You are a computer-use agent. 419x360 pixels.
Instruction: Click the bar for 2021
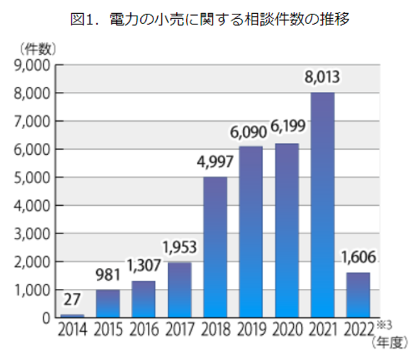(x=321, y=205)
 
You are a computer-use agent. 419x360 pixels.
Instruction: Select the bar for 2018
(x=215, y=247)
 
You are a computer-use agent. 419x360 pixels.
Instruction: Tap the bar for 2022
(x=357, y=295)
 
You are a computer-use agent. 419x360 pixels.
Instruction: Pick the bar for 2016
(x=143, y=299)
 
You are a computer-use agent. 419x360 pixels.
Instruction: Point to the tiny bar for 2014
(x=72, y=315)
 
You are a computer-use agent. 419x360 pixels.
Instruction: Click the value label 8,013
(x=321, y=78)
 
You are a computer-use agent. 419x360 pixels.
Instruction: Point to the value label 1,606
(x=357, y=258)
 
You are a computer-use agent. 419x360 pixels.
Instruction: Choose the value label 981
(x=108, y=276)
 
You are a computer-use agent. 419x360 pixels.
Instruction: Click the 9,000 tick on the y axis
(x=30, y=65)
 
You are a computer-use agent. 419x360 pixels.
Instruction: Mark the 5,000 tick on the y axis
(x=30, y=177)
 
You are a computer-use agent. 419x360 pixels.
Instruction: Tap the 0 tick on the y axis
(x=46, y=318)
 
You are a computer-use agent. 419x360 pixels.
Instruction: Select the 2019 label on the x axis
(x=250, y=329)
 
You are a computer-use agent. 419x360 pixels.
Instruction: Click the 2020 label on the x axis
(x=286, y=329)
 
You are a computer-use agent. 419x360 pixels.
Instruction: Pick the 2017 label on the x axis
(x=179, y=329)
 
